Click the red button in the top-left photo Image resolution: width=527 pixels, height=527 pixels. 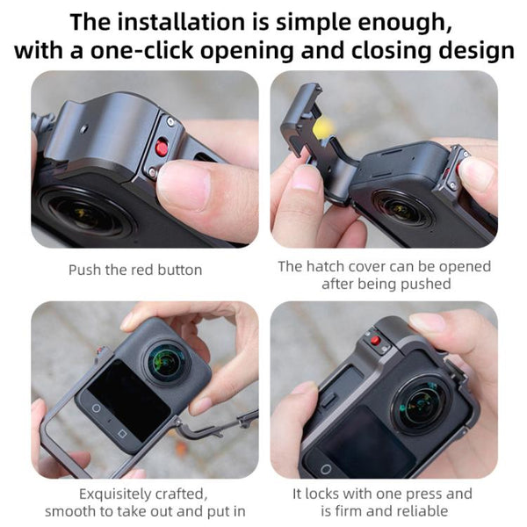162,146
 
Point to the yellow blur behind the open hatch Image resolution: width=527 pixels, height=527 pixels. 323,128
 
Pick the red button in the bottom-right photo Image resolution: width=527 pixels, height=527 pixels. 375,342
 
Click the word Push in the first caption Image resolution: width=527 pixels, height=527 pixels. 84,270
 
